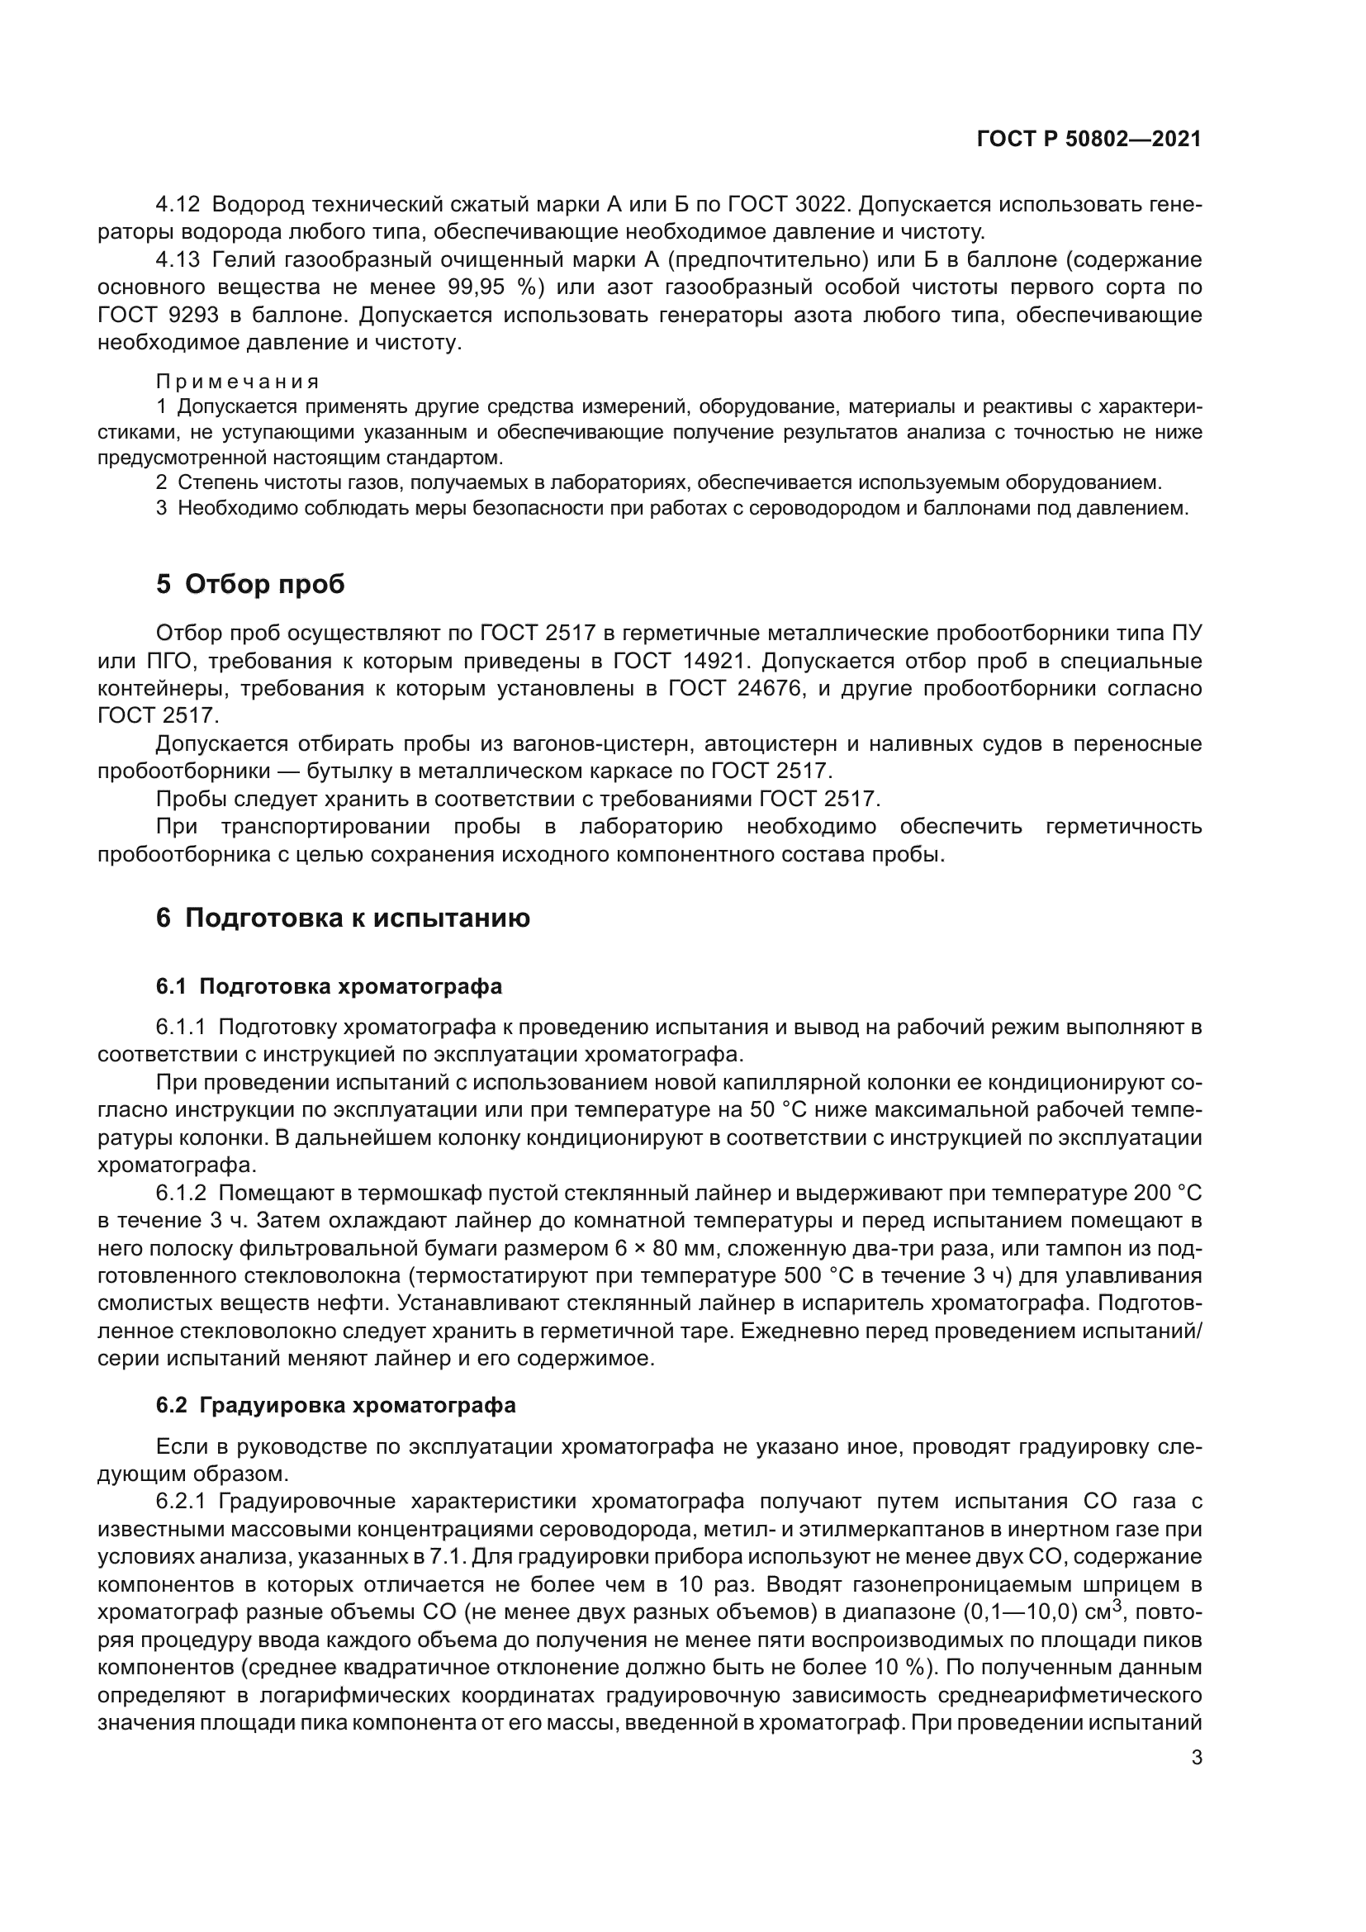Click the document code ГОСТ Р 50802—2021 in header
click(x=1089, y=140)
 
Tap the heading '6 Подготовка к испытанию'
click(x=343, y=918)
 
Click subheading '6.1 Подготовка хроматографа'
click(x=328, y=986)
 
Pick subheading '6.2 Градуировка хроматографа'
click(x=335, y=1405)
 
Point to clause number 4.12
click(x=178, y=205)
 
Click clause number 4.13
click(x=178, y=259)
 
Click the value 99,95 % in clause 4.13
click(x=492, y=287)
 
